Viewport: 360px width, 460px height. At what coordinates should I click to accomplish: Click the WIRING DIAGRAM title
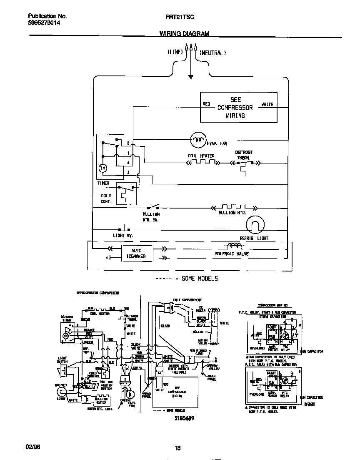pyautogui.click(x=184, y=34)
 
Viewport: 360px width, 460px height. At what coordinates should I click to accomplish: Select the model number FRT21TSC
pyautogui.click(x=180, y=16)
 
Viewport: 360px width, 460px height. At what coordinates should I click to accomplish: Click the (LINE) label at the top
pyautogui.click(x=175, y=53)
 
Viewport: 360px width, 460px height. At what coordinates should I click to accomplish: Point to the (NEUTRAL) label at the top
pyautogui.click(x=212, y=53)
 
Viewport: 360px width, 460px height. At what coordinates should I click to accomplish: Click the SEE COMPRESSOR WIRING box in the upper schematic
pyautogui.click(x=238, y=108)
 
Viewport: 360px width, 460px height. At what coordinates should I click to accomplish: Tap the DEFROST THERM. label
pyautogui.click(x=244, y=155)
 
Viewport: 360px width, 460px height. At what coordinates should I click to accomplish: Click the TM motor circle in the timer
pyautogui.click(x=102, y=168)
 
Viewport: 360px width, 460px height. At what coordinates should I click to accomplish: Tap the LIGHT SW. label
pyautogui.click(x=123, y=236)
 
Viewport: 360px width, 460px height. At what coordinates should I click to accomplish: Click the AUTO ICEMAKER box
pyautogui.click(x=136, y=254)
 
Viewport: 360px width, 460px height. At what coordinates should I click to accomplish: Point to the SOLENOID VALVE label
pyautogui.click(x=232, y=254)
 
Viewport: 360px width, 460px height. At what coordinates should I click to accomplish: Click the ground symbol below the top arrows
pyautogui.click(x=190, y=77)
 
